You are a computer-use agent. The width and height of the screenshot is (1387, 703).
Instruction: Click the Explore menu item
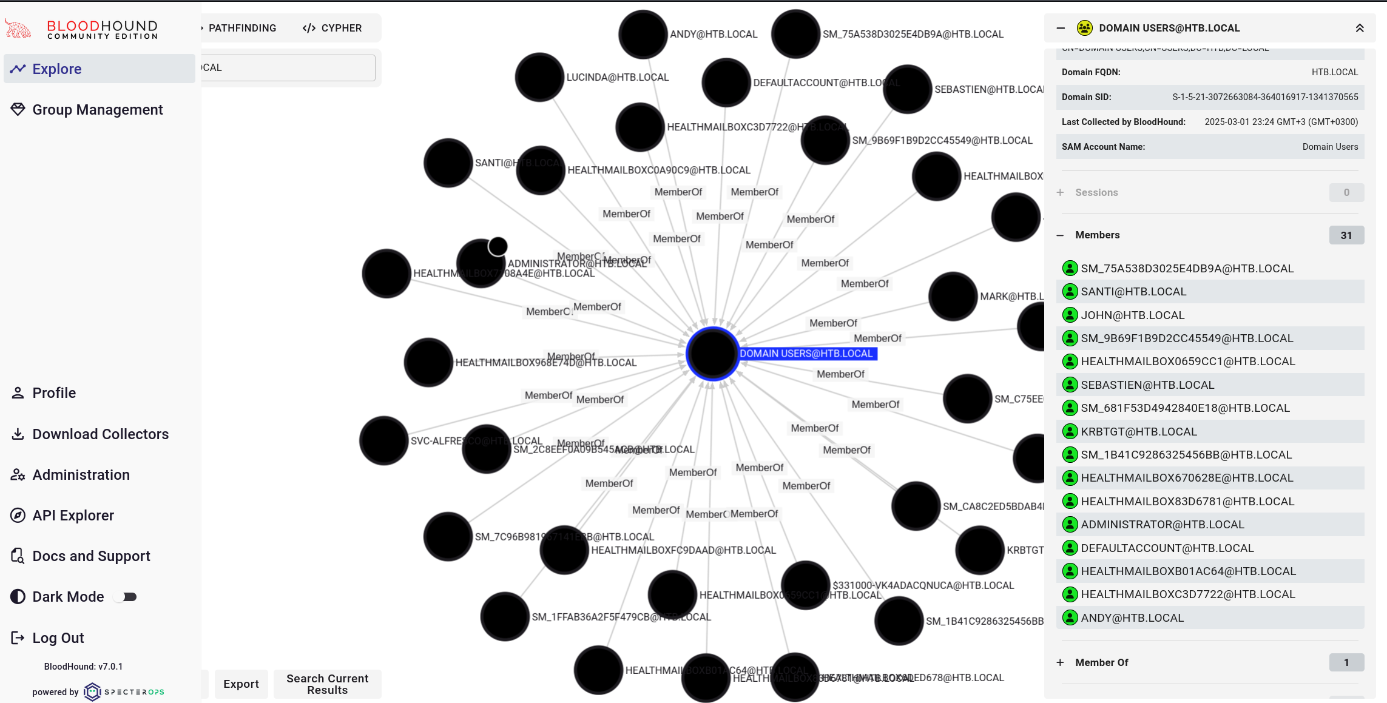[x=56, y=69]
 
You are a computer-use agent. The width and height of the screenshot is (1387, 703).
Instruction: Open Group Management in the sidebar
[x=97, y=110]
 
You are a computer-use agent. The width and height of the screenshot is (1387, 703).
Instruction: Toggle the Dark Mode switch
[x=126, y=597]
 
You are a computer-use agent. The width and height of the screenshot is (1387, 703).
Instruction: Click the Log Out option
[x=58, y=638]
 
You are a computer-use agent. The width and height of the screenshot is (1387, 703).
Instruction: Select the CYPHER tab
[x=332, y=28]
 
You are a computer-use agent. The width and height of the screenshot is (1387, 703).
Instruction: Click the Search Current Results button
[x=327, y=684]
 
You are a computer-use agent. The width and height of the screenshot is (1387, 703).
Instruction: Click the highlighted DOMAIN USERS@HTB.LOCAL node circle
[x=712, y=354]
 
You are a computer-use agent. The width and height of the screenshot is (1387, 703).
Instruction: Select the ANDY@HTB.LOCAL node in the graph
[x=643, y=35]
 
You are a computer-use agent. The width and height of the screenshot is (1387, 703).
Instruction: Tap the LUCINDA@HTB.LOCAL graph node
[x=539, y=77]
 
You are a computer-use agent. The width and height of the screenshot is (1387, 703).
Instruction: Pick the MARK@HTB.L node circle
[x=953, y=296]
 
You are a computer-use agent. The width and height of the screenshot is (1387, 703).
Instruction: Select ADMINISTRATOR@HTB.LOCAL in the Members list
[x=1162, y=525]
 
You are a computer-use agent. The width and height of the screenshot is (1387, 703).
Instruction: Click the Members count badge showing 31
[x=1346, y=235]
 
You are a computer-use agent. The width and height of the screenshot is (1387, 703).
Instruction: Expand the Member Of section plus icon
[x=1060, y=662]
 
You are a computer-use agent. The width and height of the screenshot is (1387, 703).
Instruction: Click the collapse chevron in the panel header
[x=1360, y=28]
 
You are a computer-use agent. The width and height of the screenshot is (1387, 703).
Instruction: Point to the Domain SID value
[x=1264, y=97]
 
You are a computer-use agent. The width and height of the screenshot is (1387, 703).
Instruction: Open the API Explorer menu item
[x=73, y=516]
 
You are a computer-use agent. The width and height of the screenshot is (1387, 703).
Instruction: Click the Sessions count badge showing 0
[x=1346, y=193]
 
